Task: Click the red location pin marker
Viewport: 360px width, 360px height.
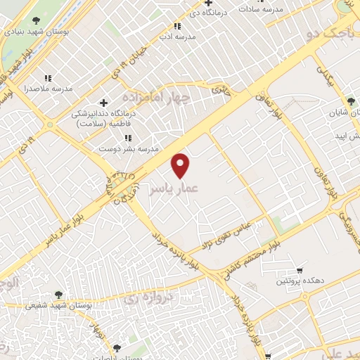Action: (x=181, y=165)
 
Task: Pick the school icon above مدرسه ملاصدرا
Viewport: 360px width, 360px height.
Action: (x=48, y=78)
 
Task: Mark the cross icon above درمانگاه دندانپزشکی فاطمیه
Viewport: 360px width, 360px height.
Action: (x=104, y=103)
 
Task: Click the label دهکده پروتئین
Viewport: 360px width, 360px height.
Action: (x=302, y=281)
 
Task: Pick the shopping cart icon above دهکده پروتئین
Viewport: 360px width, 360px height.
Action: (x=300, y=270)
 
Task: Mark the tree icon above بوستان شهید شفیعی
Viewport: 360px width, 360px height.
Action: (x=58, y=295)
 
